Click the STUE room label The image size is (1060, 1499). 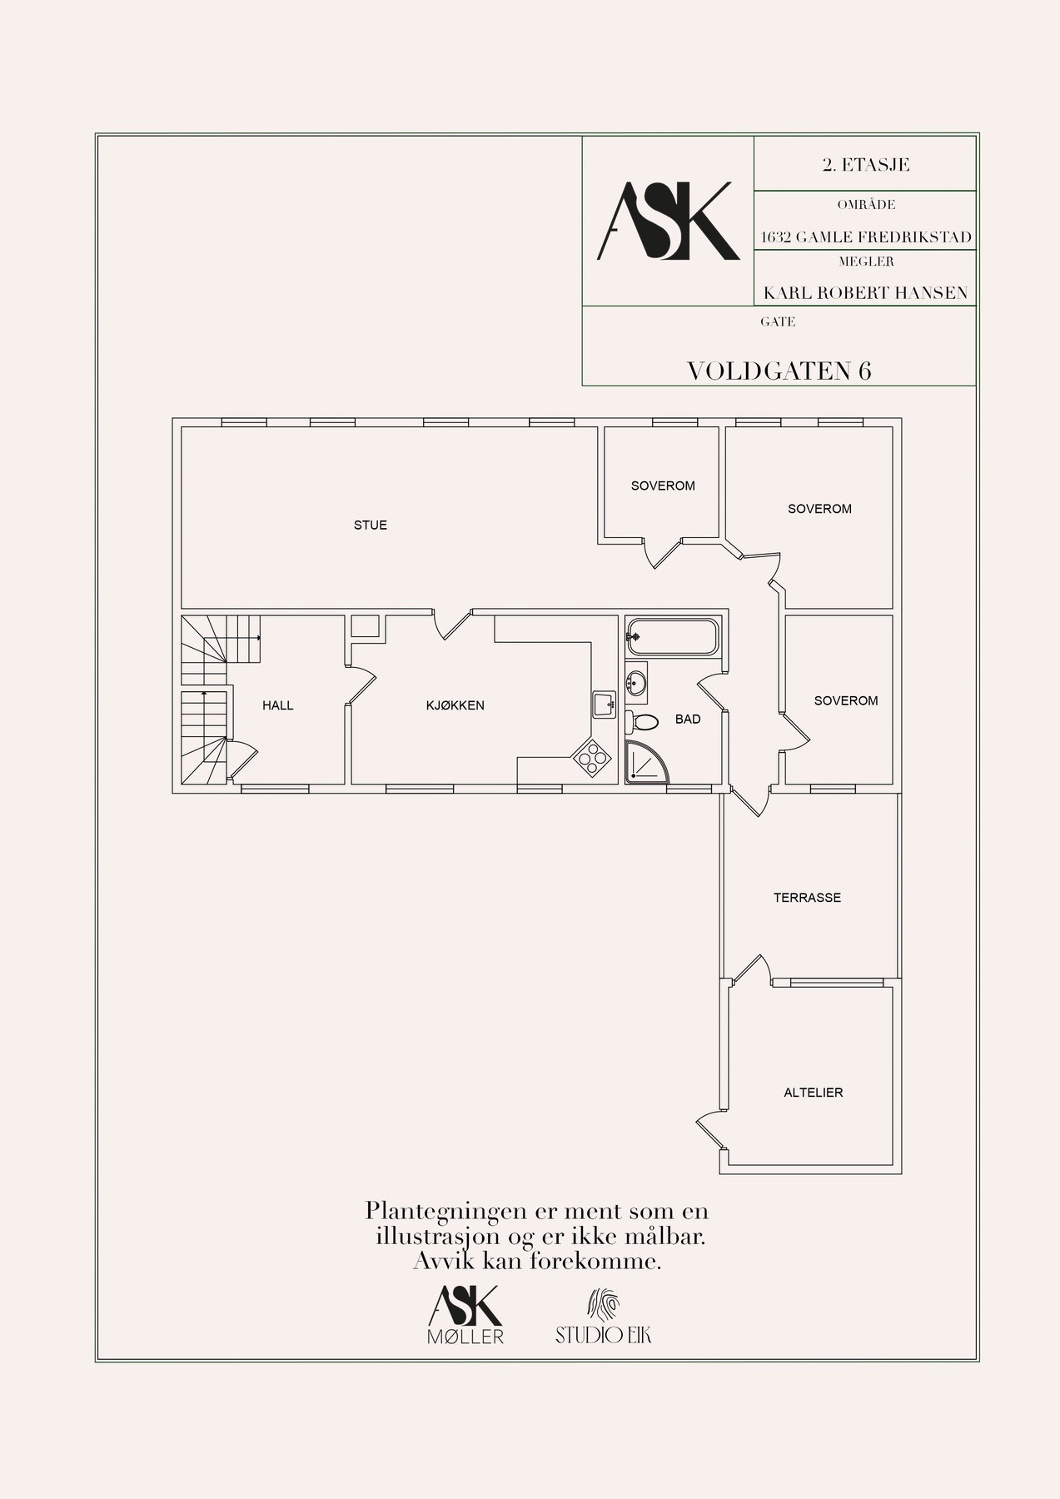coord(371,525)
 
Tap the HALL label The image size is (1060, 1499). coord(278,705)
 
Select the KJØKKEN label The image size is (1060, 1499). coord(455,705)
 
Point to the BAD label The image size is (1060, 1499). coord(688,719)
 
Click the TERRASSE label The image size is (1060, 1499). coord(807,898)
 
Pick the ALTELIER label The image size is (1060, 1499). coord(814,1093)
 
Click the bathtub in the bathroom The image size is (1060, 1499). coord(672,638)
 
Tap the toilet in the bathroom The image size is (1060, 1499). coord(642,720)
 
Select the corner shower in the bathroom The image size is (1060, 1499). coord(648,762)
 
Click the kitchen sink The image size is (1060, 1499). coord(603,705)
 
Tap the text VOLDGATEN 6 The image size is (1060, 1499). coord(779,371)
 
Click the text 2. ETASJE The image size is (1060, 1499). coord(865,165)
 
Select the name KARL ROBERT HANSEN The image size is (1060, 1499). coord(865,293)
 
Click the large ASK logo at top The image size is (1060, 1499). coord(668,221)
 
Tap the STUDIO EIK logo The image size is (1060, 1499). coord(604,1318)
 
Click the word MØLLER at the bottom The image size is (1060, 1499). coord(465,1337)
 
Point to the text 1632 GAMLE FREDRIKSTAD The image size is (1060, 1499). coord(866,237)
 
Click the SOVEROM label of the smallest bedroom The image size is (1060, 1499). coord(663,486)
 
